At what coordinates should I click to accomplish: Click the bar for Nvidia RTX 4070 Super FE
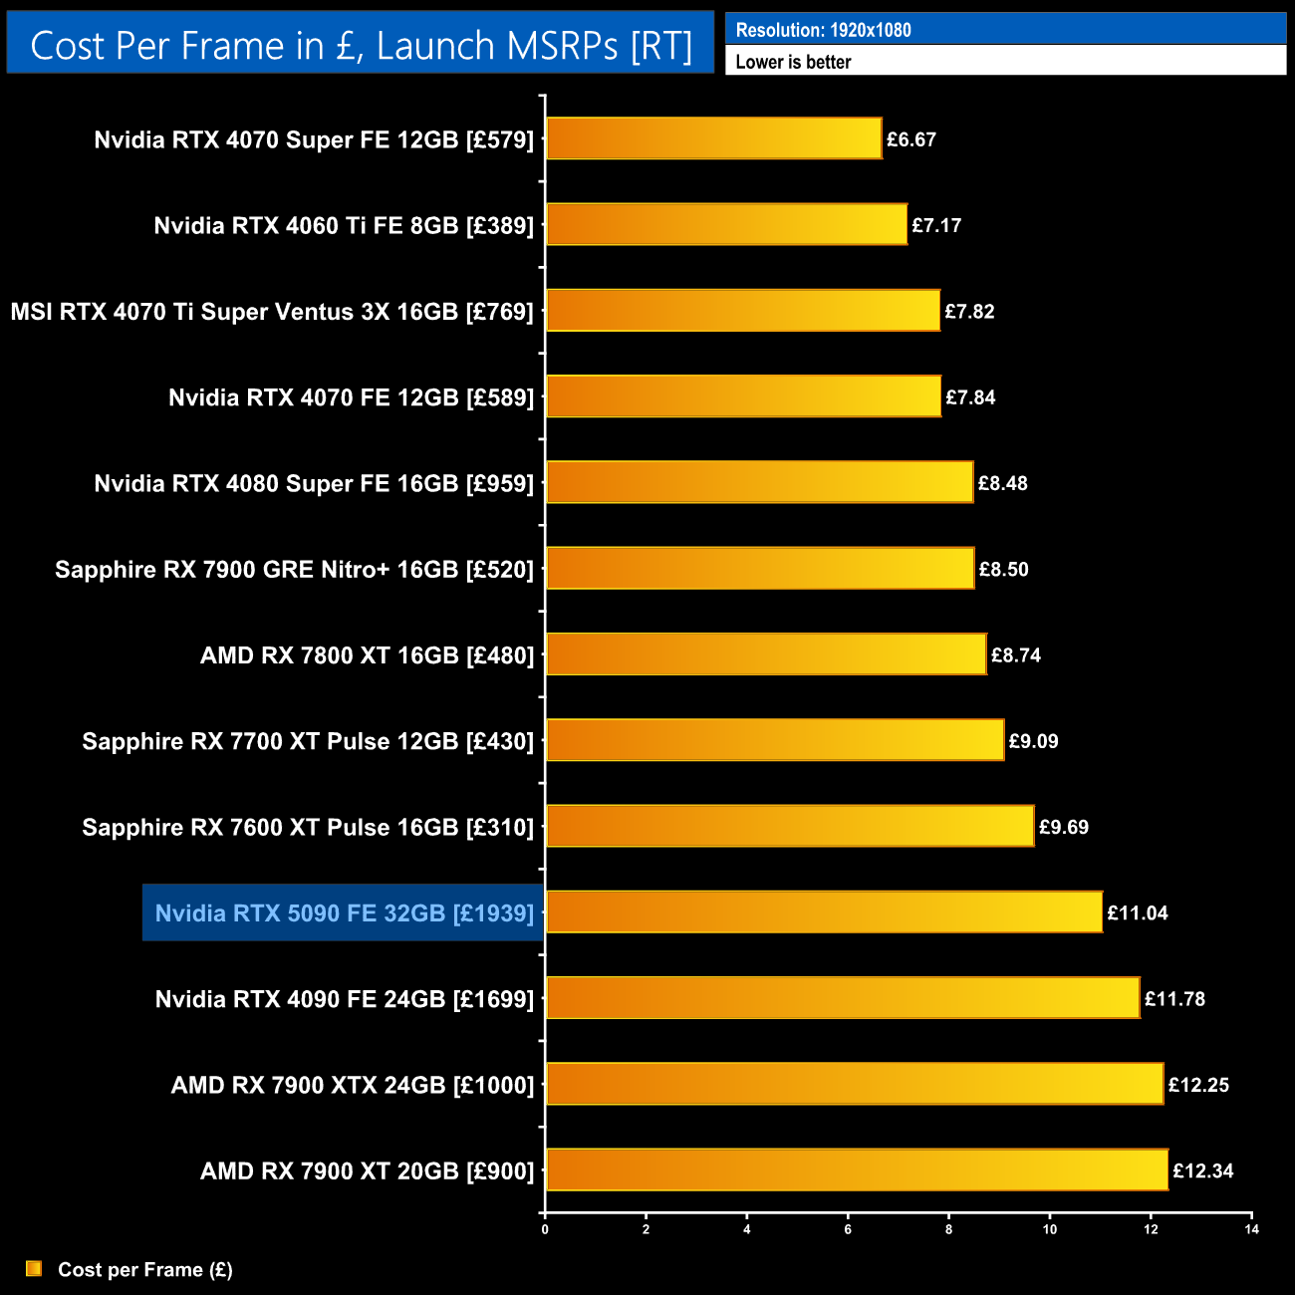point(713,138)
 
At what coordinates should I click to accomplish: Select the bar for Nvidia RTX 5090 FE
point(824,912)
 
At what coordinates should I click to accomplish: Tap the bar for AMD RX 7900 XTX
point(855,1084)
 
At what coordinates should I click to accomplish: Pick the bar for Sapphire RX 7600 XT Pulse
point(790,826)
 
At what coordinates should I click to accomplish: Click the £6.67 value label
point(911,139)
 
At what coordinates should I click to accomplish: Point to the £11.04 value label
point(1138,912)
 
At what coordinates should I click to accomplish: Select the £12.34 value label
point(1203,1170)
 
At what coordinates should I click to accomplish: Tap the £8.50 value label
point(1003,569)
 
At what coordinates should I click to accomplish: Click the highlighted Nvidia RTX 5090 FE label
point(344,912)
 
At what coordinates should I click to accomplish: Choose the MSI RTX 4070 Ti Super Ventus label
point(272,312)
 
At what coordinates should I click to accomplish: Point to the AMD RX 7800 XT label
point(367,655)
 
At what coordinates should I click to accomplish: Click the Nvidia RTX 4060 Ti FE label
point(344,225)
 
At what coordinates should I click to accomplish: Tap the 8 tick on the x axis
point(948,1229)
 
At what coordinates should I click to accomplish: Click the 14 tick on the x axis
point(1251,1229)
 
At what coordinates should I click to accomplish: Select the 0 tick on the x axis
point(545,1229)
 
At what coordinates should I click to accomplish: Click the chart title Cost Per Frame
point(361,45)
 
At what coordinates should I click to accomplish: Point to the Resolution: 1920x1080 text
point(823,30)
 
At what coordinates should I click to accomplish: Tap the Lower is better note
point(793,62)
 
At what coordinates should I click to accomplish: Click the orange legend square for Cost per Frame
point(34,1268)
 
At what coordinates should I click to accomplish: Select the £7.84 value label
point(970,397)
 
